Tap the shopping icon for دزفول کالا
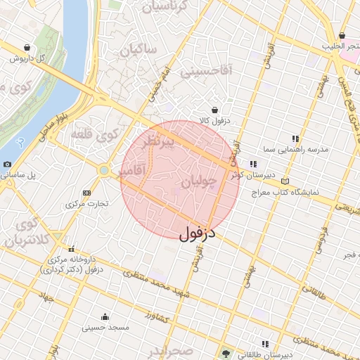point(214,110)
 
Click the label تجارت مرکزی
point(87,204)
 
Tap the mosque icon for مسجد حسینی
point(105,316)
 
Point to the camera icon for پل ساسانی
point(7,164)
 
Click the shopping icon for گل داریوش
point(27,48)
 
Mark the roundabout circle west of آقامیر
point(104,170)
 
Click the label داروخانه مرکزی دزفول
point(71,260)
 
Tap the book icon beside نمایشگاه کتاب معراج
point(284,181)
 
